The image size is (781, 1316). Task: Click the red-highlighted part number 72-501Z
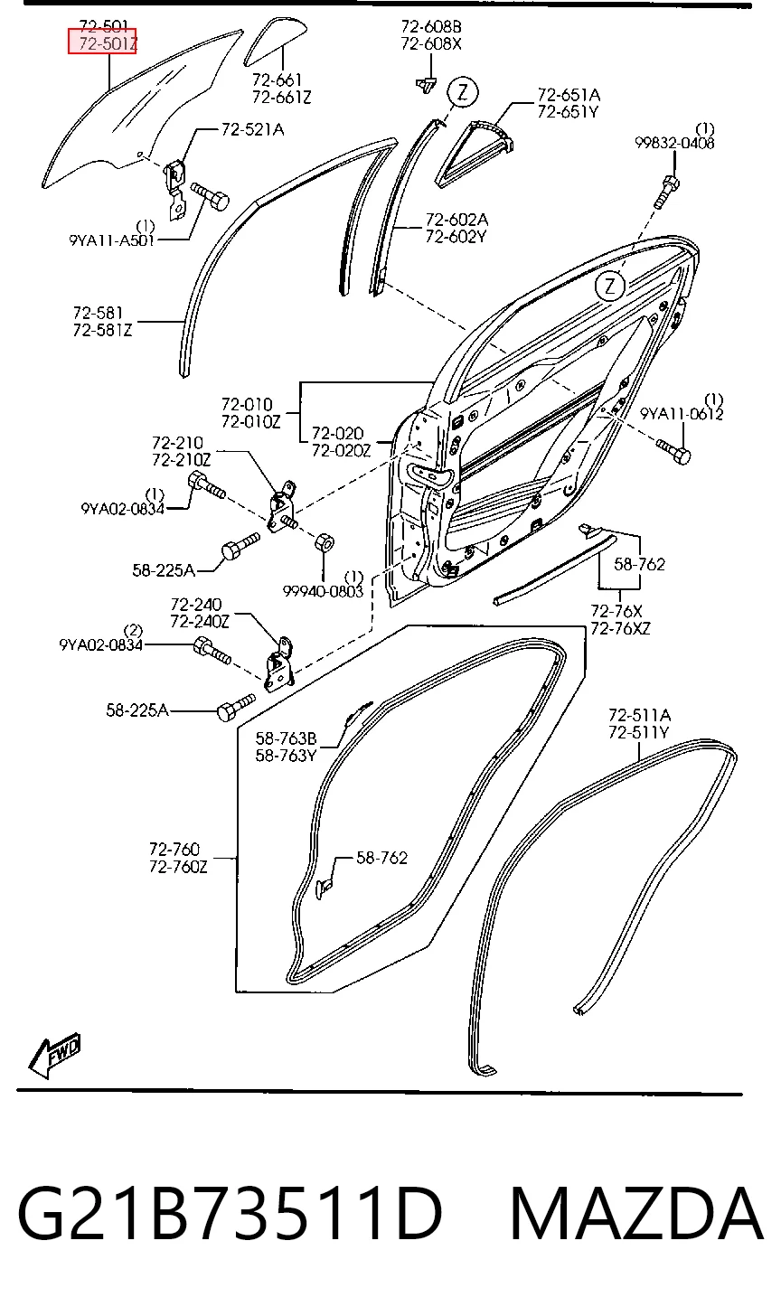(102, 42)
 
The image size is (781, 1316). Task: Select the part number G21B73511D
(230, 1212)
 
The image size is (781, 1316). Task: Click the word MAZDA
(636, 1213)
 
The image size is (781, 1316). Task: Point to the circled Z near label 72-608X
(463, 92)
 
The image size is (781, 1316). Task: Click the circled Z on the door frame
(609, 287)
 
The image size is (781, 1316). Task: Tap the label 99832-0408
(674, 143)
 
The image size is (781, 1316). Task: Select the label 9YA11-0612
(682, 414)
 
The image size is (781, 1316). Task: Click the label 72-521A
(253, 129)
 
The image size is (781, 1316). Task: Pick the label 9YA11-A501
(112, 240)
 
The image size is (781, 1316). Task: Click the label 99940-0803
(324, 591)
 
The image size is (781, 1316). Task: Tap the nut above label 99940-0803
(325, 541)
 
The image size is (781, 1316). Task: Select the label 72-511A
(639, 715)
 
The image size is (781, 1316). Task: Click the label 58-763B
(287, 738)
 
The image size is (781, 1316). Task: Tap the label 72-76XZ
(621, 629)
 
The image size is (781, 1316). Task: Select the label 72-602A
(456, 220)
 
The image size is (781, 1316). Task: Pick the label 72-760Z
(179, 867)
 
